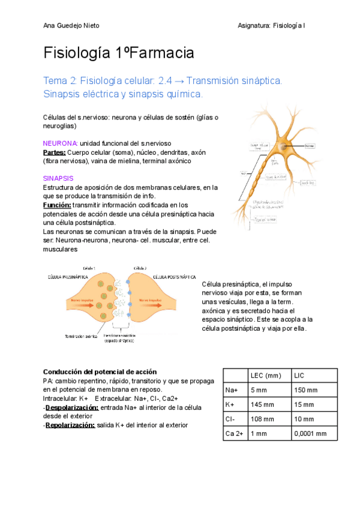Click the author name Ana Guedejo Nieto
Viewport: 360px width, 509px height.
point(71,25)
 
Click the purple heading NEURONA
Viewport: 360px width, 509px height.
point(61,143)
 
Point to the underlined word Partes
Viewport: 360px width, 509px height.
point(55,152)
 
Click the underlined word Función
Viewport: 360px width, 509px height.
point(57,205)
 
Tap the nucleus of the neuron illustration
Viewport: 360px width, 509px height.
point(282,146)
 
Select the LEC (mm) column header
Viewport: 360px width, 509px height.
point(265,376)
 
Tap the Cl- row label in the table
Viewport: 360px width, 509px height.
point(231,419)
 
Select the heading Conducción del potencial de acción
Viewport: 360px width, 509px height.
point(100,372)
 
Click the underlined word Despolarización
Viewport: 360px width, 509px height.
point(73,407)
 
